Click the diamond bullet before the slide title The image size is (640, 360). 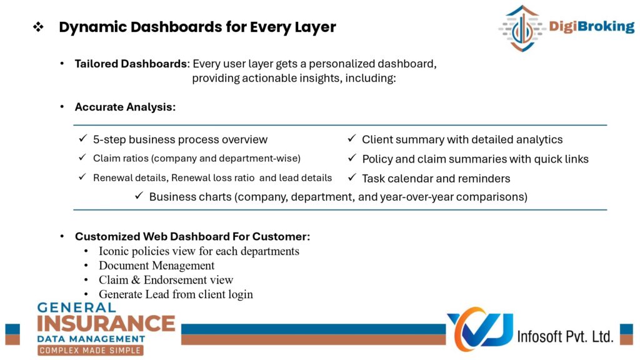click(x=38, y=27)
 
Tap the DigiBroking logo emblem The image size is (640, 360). click(x=522, y=28)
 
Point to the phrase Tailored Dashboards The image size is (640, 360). click(x=131, y=64)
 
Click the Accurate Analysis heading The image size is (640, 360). click(x=125, y=107)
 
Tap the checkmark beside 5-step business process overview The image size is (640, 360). click(x=83, y=138)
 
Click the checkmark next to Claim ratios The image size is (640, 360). click(x=82, y=157)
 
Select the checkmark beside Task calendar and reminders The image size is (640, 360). click(x=352, y=177)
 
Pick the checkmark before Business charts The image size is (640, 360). click(x=139, y=196)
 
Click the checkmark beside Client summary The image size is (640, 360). click(x=352, y=138)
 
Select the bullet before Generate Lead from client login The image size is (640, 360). click(x=86, y=294)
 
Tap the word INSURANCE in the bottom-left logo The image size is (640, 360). click(x=106, y=323)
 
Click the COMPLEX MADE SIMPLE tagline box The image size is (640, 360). click(x=91, y=350)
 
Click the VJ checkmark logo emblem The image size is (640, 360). click(x=480, y=329)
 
